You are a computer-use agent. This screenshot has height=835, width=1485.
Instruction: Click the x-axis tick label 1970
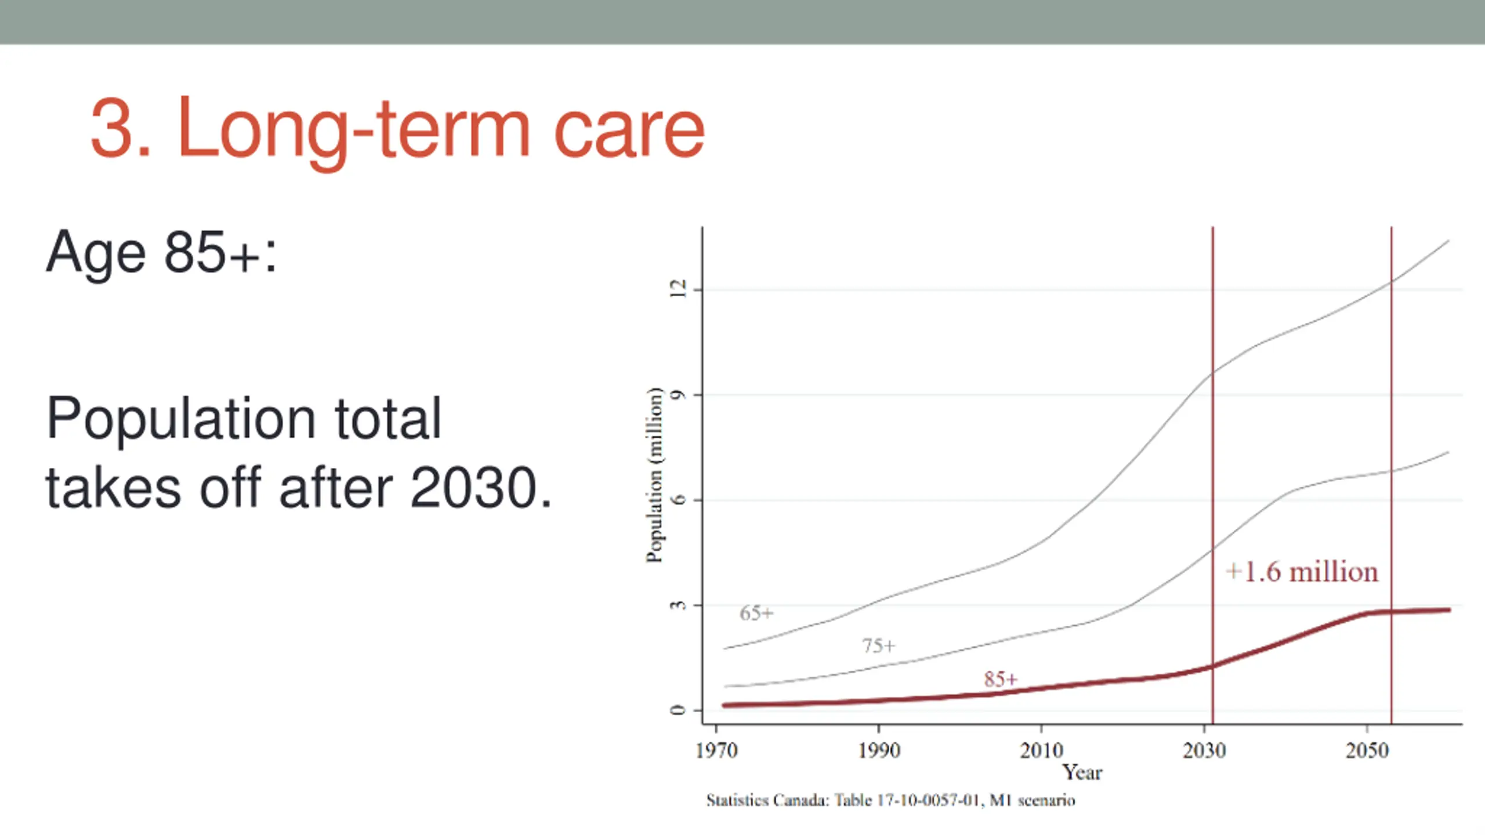coord(716,751)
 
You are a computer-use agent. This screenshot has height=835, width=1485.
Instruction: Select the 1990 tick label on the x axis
coord(879,751)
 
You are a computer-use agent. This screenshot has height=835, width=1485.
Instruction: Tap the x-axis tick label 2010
coord(1042,751)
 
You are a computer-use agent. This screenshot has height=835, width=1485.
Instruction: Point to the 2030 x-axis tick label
coord(1205,751)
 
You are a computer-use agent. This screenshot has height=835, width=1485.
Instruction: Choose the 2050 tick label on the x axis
coord(1367,751)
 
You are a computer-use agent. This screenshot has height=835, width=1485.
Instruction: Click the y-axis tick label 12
coord(678,289)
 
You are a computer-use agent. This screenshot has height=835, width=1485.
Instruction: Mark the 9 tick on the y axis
coord(678,395)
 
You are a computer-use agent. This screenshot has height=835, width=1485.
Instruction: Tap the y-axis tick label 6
coord(678,500)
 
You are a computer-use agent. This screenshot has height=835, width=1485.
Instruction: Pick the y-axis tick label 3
coord(678,605)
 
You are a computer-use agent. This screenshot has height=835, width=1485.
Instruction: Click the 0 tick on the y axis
coord(678,710)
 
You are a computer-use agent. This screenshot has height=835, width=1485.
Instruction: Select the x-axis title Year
coord(1082,772)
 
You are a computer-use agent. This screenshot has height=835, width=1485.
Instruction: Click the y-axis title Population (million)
coord(654,474)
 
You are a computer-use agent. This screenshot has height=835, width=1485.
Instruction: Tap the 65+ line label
coord(756,613)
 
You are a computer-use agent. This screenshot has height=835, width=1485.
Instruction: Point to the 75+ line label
coord(879,645)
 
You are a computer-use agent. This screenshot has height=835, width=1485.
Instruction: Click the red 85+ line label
coord(1001,679)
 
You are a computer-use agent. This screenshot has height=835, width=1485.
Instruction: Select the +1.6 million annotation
coord(1302,572)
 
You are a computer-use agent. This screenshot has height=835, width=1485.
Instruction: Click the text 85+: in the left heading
coord(220,253)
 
